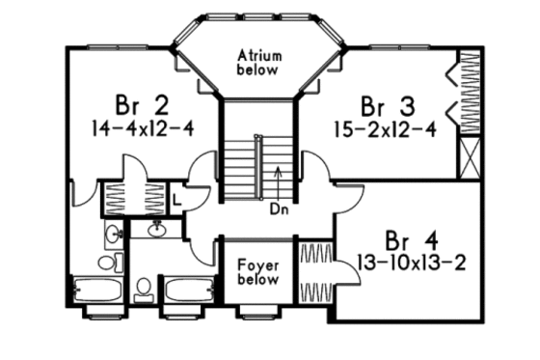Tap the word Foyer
[259, 263]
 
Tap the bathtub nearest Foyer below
[186, 290]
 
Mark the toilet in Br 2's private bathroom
[107, 262]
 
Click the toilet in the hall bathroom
[145, 287]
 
